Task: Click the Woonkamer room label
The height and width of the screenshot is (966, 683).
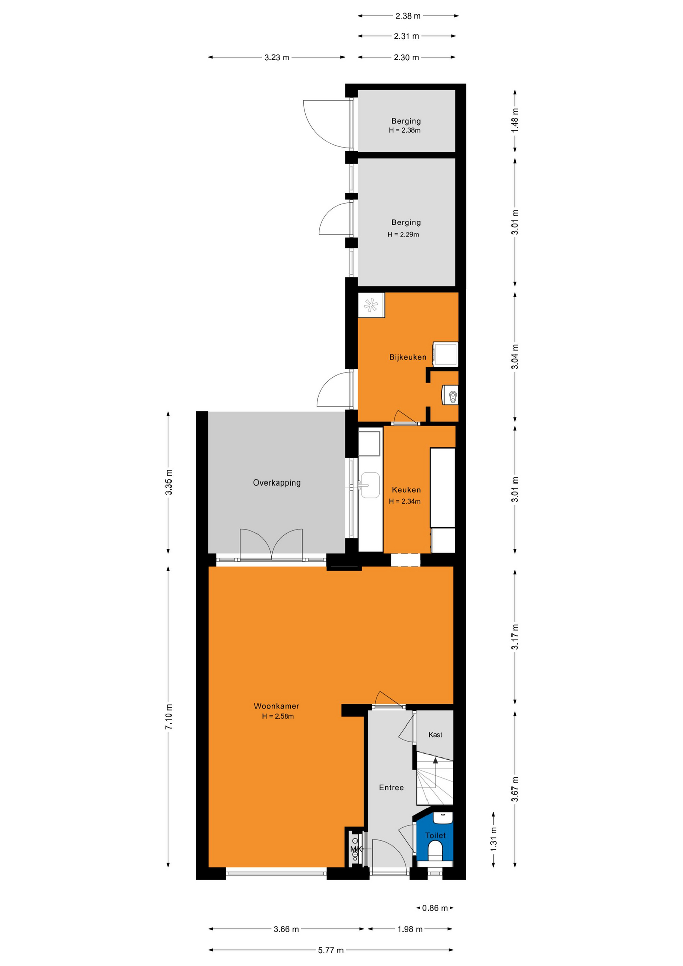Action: [x=276, y=706]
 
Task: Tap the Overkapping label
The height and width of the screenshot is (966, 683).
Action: [x=277, y=483]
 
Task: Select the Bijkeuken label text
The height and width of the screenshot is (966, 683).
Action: [x=408, y=357]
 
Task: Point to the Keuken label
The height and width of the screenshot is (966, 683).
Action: [x=406, y=490]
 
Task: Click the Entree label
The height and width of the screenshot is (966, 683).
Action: [x=391, y=788]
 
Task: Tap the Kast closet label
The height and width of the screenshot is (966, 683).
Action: [x=435, y=735]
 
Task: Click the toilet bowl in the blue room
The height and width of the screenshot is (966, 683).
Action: [x=435, y=852]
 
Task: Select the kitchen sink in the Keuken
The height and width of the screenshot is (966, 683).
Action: [x=370, y=485]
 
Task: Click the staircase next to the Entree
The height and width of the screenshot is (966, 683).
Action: [x=435, y=778]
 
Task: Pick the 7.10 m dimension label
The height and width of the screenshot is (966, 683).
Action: [x=169, y=717]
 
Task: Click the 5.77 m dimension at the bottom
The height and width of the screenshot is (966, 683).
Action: [x=331, y=950]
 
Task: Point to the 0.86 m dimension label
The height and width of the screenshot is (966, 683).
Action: [x=435, y=908]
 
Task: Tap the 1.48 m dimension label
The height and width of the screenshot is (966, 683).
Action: [x=515, y=121]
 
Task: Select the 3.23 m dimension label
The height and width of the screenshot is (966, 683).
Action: [x=277, y=57]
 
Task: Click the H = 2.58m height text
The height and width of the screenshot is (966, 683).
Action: [x=278, y=716]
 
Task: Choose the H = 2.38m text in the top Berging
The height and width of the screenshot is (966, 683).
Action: [x=405, y=130]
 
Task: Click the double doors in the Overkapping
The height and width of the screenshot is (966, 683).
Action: [x=272, y=545]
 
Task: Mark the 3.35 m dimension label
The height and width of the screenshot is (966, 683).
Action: [x=169, y=482]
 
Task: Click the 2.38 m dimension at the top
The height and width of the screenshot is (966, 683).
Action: [x=408, y=16]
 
